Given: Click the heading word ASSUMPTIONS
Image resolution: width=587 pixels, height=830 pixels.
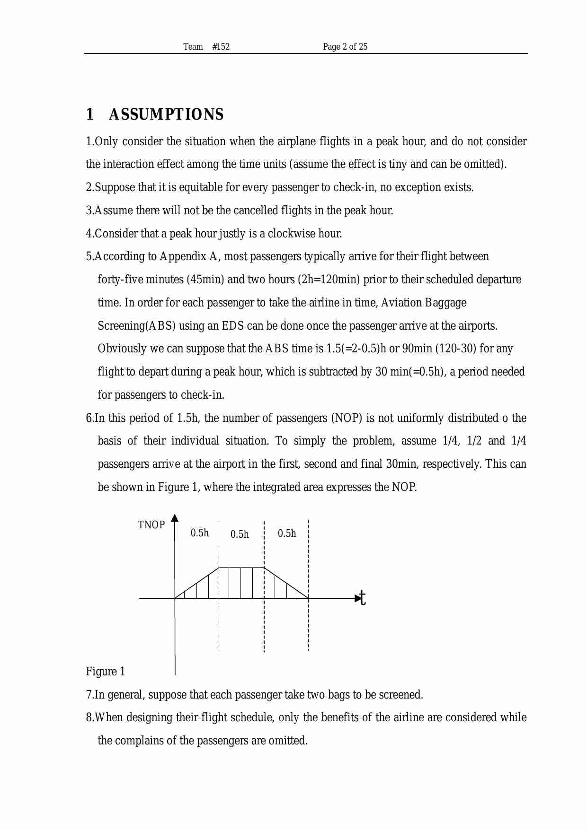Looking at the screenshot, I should [166, 114].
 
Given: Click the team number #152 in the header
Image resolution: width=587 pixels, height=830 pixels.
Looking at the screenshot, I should [221, 46].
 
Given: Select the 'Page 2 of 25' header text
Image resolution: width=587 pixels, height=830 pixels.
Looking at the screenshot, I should [345, 46].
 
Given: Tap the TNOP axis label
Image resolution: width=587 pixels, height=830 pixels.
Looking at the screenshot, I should [151, 525].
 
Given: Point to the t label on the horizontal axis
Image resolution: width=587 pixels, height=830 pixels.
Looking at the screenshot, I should [363, 598].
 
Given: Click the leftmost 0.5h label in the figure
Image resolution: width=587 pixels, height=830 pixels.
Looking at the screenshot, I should [200, 533].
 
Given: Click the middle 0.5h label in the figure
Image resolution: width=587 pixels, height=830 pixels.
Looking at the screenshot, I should [240, 534].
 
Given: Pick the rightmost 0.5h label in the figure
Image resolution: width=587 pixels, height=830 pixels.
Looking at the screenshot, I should [287, 533].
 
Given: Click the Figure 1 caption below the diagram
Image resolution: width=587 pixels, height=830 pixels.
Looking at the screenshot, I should [106, 672].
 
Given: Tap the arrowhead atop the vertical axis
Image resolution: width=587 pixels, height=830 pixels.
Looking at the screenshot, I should [175, 517].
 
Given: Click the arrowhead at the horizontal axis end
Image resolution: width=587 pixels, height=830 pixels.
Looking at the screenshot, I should [357, 598].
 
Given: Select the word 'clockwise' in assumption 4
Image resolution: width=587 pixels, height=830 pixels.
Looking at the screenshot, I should [291, 234].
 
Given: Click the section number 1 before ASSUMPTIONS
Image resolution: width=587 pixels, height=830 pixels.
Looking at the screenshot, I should [89, 114].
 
